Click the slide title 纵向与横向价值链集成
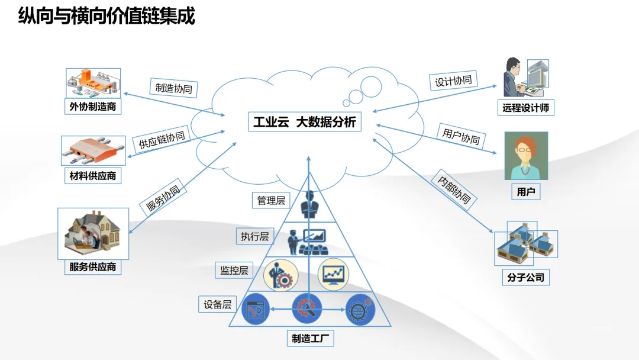click(x=106, y=16)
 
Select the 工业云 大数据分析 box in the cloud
click(x=305, y=123)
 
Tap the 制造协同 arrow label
click(x=173, y=88)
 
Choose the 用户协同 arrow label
click(x=461, y=137)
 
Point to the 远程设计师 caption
click(x=525, y=108)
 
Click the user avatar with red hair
click(x=526, y=156)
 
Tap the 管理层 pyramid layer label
click(x=270, y=201)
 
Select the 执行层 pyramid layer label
click(x=254, y=236)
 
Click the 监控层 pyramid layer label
click(x=234, y=271)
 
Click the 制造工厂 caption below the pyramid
click(x=310, y=339)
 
